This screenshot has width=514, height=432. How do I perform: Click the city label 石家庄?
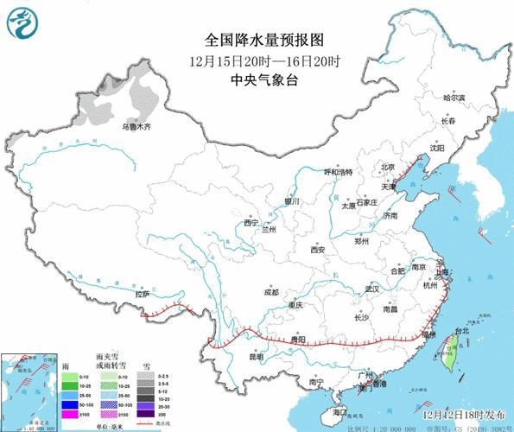[371, 202]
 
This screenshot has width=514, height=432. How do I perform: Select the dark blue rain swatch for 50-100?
[68, 403]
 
